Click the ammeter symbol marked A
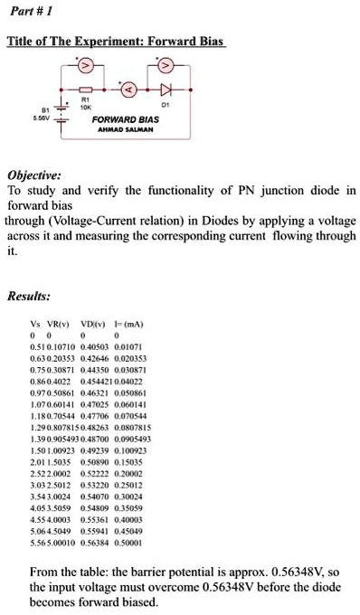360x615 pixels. [129, 90]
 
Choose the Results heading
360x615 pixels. [28, 295]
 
